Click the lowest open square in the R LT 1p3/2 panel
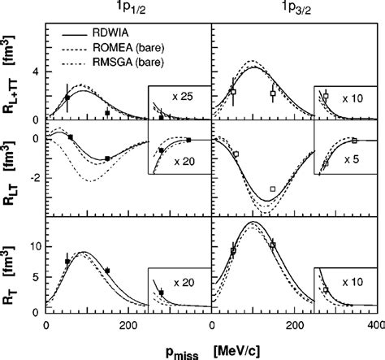pyautogui.click(x=272, y=189)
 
